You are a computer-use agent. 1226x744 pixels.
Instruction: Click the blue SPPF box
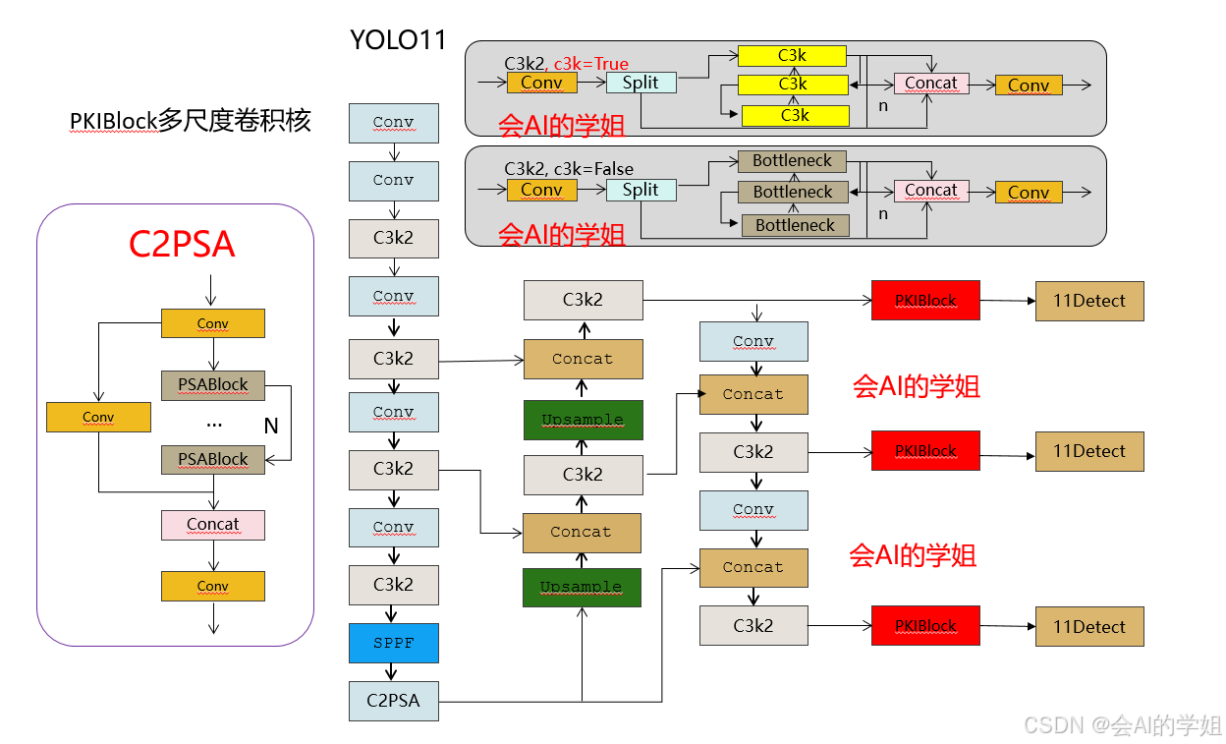click(x=394, y=643)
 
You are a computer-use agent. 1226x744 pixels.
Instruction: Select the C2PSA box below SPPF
click(x=394, y=701)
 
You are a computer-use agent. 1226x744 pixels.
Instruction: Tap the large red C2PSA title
click(x=182, y=245)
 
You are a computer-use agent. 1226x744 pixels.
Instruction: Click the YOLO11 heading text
click(x=398, y=40)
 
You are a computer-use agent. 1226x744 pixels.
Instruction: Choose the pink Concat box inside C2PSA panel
click(x=213, y=525)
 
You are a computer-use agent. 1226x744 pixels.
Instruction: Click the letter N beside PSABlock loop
click(x=271, y=427)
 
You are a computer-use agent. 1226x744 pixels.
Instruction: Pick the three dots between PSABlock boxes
click(x=214, y=424)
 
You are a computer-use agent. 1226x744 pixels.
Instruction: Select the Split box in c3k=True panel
click(x=641, y=83)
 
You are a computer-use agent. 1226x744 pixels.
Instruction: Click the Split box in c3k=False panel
click(x=641, y=190)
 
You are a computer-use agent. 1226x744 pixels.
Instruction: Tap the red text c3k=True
click(x=591, y=64)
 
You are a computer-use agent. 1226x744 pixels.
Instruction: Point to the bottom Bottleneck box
click(x=795, y=225)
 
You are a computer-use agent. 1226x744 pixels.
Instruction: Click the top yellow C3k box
click(x=793, y=56)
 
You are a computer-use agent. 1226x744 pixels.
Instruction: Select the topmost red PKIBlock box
click(x=925, y=301)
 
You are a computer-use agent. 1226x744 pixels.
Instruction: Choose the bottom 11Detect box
click(x=1089, y=627)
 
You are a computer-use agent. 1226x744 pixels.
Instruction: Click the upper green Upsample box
click(x=583, y=420)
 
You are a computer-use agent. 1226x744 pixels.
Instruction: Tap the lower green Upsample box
click(x=582, y=587)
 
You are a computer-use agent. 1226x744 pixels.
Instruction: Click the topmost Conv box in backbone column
click(x=394, y=123)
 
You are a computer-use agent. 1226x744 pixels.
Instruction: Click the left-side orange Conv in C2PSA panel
click(x=98, y=418)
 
